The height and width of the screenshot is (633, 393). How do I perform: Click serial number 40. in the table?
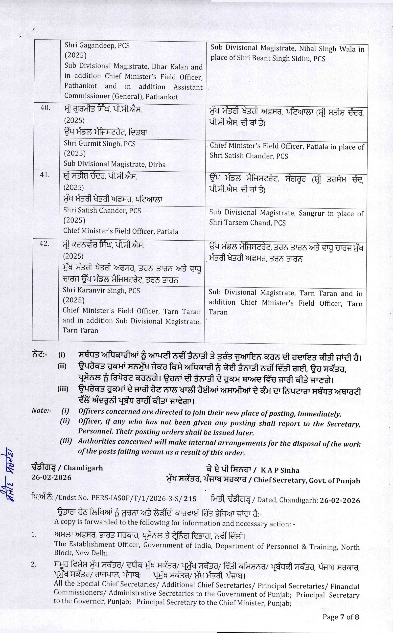[x=45, y=108]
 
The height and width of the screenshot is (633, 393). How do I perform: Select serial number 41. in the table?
[x=45, y=175]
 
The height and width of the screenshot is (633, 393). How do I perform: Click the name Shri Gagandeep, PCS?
[x=97, y=46]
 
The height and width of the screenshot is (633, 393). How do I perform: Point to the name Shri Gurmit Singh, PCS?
[x=100, y=144]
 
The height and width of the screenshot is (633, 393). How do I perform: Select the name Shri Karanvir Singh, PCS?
[x=101, y=290]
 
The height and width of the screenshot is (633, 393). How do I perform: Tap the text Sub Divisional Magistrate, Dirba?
[x=115, y=164]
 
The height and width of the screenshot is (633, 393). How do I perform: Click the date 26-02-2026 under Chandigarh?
[x=51, y=477]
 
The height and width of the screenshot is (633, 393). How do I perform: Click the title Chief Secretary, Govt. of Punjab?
[x=307, y=480]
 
